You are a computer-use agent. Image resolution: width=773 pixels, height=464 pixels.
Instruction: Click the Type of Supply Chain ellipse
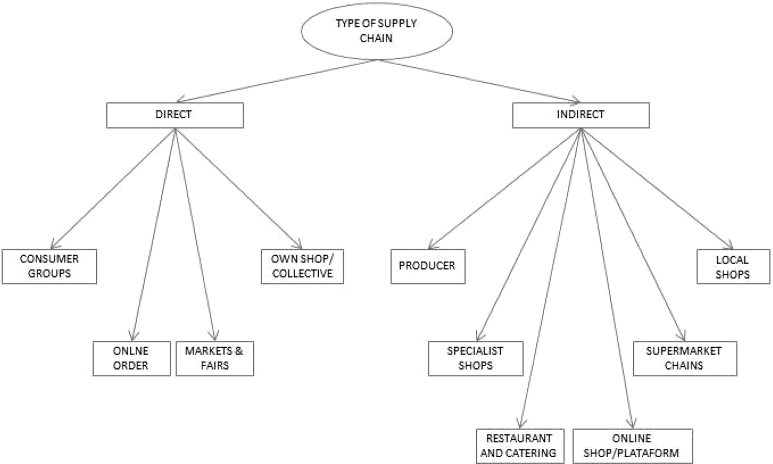click(376, 31)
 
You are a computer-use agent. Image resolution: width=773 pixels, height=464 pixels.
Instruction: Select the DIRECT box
click(175, 115)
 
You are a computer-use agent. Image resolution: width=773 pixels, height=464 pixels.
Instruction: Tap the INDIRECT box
click(580, 115)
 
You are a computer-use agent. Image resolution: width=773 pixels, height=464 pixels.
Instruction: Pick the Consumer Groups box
click(49, 266)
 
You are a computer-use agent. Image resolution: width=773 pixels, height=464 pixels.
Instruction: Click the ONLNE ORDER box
click(131, 358)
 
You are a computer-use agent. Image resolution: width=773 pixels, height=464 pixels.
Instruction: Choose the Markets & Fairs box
click(215, 358)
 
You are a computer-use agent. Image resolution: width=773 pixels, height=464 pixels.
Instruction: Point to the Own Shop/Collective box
click(302, 266)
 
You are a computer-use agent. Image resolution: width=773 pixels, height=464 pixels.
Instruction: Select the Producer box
click(428, 266)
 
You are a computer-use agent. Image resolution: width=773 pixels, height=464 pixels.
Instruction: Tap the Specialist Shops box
click(475, 358)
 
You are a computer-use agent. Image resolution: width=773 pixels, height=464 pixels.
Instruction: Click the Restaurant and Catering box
click(520, 446)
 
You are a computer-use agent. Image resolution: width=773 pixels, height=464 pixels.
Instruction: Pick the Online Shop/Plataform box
click(632, 446)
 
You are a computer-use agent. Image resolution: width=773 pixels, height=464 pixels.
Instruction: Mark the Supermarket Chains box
click(685, 358)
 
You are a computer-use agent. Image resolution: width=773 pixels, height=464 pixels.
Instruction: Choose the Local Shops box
click(733, 267)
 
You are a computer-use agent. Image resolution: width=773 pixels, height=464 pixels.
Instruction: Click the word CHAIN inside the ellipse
click(376, 38)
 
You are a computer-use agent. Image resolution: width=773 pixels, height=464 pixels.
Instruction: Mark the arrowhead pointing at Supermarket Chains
click(681, 337)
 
